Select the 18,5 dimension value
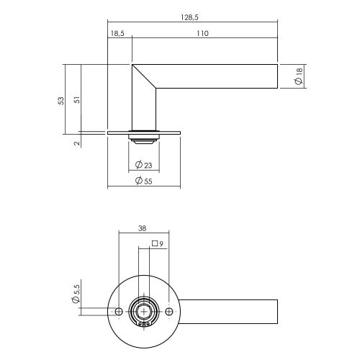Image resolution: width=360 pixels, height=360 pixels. pyautogui.click(x=119, y=34)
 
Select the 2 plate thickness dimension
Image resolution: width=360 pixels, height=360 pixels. pyautogui.click(x=77, y=143)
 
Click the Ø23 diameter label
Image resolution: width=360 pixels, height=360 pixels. pyautogui.click(x=143, y=167)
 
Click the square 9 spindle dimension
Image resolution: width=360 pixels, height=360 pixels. pyautogui.click(x=158, y=243)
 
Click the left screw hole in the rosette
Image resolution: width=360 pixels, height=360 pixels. pyautogui.click(x=119, y=311)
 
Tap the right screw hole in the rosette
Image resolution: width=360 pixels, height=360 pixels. pyautogui.click(x=168, y=311)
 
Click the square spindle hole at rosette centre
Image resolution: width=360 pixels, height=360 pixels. pyautogui.click(x=143, y=311)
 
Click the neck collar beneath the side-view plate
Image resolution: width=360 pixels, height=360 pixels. pyautogui.click(x=143, y=138)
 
